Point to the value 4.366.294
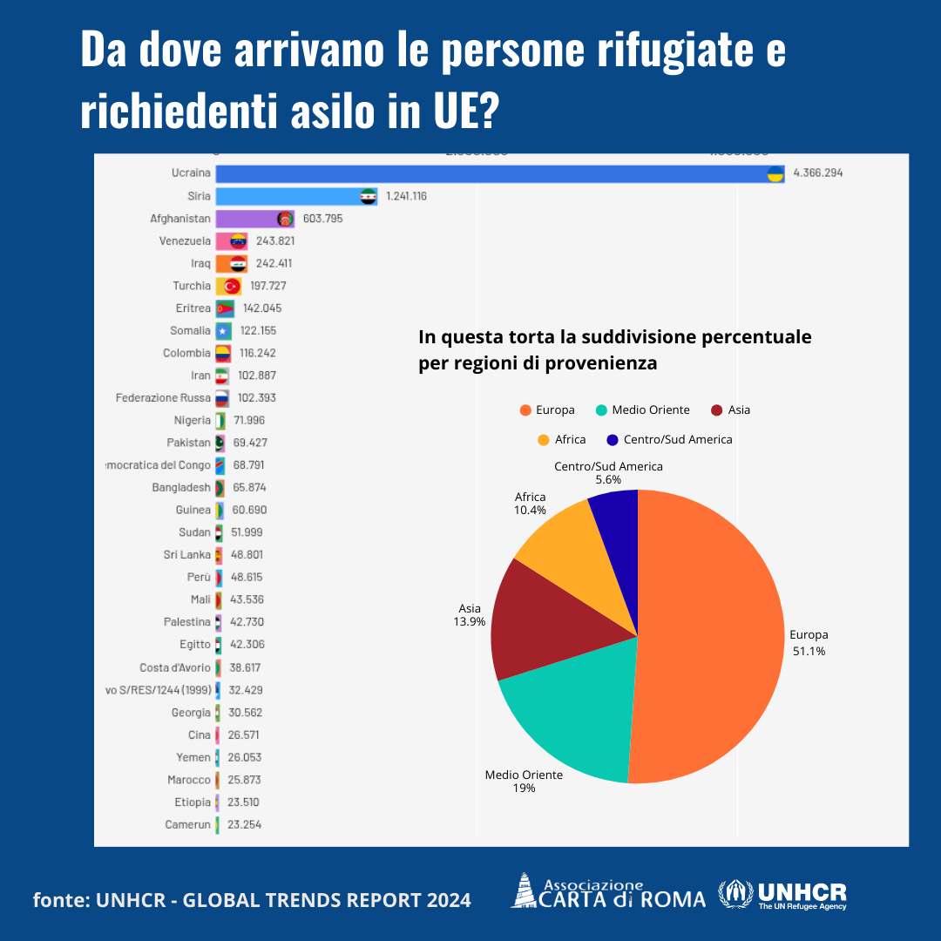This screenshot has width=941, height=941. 817,173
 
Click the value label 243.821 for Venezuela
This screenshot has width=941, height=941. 279,241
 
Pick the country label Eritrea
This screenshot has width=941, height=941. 193,308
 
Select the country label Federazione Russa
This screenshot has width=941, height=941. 164,398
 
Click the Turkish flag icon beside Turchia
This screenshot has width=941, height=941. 232,286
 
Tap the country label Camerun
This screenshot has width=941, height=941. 188,824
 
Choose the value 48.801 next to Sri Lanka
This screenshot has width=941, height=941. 246,555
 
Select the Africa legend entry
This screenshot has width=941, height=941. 562,440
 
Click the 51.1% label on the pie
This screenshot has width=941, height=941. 809,651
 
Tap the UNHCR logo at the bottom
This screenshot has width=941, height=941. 782,895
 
